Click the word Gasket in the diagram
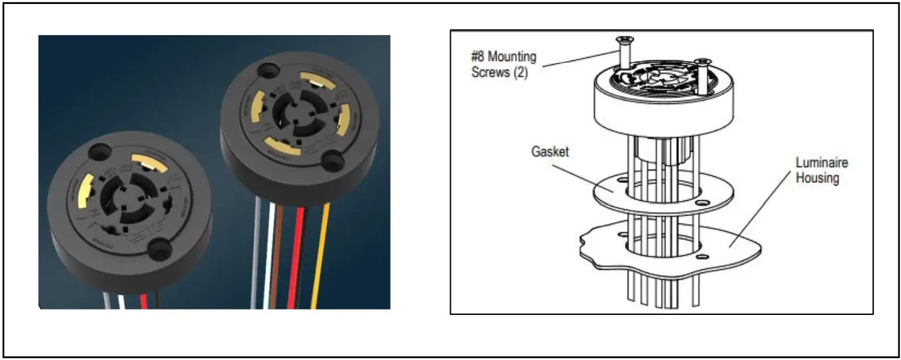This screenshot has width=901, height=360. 550,152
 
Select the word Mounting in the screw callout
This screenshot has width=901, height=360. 512,57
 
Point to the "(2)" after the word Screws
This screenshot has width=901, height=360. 519,73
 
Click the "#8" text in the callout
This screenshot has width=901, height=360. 479,57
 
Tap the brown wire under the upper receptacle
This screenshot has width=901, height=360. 281,252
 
